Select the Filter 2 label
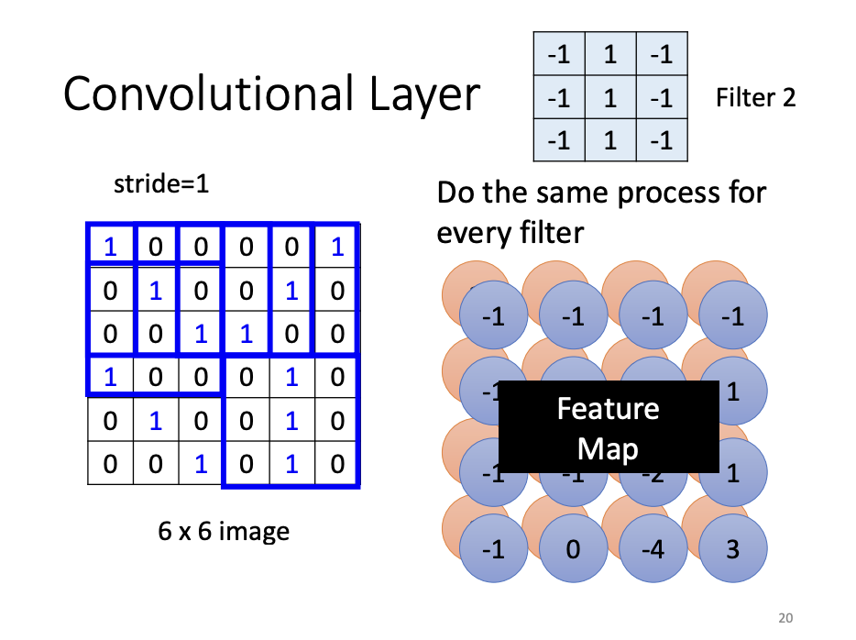click(756, 97)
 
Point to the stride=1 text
click(161, 184)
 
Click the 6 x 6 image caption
click(224, 531)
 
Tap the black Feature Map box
click(608, 427)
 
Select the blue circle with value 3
click(732, 549)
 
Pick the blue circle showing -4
click(653, 549)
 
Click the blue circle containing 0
click(573, 549)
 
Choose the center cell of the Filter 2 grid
click(609, 97)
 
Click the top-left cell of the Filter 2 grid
click(558, 54)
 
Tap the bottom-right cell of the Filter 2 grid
click(662, 140)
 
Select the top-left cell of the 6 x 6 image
click(110, 247)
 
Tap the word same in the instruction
click(570, 193)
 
